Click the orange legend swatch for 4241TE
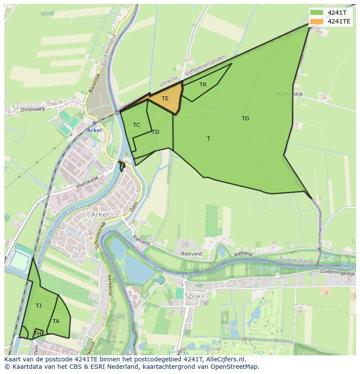click(x=317, y=21)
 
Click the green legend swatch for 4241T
click(x=317, y=13)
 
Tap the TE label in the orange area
click(x=165, y=99)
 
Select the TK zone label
click(x=203, y=85)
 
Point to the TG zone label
click(x=246, y=118)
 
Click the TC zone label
click(x=137, y=125)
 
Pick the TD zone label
click(x=156, y=132)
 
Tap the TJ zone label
click(x=39, y=306)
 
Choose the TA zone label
click(x=56, y=321)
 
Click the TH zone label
click(x=38, y=334)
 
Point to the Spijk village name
click(x=193, y=296)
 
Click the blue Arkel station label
click(x=94, y=130)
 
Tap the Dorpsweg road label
click(x=33, y=109)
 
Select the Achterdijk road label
click(x=290, y=94)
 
